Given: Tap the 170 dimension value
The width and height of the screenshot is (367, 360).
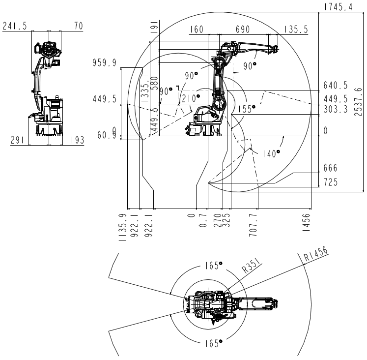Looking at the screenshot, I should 76,26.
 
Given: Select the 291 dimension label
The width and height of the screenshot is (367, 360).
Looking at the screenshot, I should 18,141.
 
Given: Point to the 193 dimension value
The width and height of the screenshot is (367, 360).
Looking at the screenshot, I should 76,141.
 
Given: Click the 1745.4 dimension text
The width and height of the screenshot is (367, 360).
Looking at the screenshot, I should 339,6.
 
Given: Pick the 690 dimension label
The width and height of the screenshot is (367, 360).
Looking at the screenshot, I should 242,30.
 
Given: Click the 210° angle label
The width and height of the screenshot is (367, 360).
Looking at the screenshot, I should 190,98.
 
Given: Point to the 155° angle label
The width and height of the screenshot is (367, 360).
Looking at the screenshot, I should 244,109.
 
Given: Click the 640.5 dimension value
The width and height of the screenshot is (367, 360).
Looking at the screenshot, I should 336,86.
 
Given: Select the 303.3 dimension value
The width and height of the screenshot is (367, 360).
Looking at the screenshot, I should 336,110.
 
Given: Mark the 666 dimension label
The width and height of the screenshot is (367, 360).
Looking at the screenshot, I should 331,169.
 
